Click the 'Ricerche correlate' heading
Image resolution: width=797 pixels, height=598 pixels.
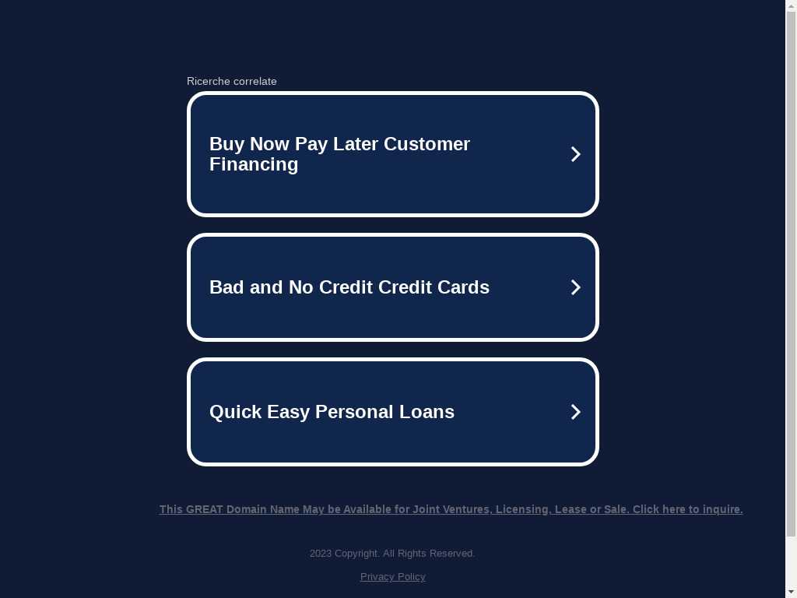(x=232, y=81)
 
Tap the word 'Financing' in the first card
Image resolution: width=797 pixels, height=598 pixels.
(x=254, y=165)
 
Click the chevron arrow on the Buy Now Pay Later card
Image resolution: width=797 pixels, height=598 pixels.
(x=575, y=154)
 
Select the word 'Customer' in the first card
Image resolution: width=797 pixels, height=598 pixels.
(x=427, y=144)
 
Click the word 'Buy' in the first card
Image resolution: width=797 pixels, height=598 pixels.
(x=226, y=144)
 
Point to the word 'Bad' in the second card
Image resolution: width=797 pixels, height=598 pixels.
(x=226, y=287)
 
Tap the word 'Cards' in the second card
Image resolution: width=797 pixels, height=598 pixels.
(x=464, y=287)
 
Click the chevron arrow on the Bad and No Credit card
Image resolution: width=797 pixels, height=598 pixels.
(x=575, y=287)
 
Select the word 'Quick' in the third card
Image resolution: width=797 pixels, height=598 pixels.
(x=235, y=412)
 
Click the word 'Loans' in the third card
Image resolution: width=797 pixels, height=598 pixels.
(x=427, y=412)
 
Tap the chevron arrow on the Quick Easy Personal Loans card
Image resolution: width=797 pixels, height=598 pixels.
(x=575, y=412)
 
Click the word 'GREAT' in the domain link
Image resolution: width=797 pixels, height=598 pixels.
(x=205, y=509)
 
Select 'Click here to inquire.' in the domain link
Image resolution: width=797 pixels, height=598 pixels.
(x=688, y=509)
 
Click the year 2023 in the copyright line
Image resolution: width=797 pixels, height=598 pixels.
(x=320, y=554)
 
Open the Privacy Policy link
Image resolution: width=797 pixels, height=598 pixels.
(x=393, y=577)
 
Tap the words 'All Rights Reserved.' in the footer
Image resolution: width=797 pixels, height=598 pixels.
(x=429, y=554)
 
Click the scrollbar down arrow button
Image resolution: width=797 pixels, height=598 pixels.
(x=792, y=593)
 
